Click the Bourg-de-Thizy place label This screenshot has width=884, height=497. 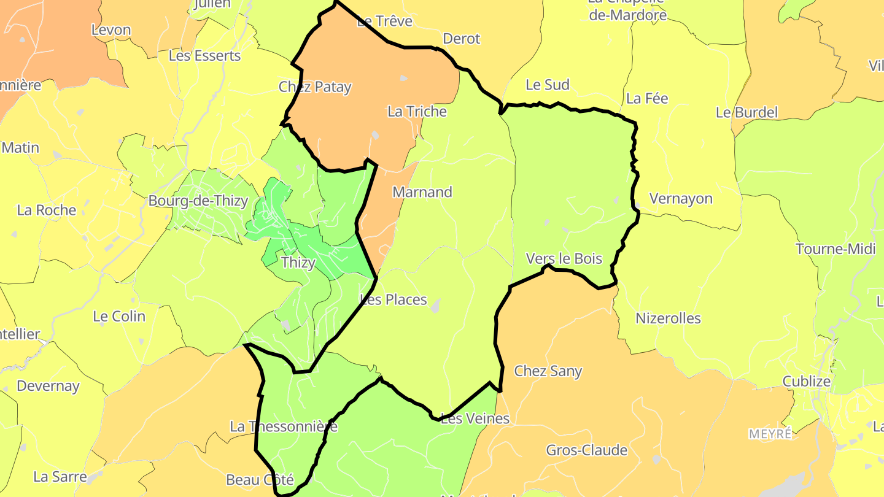click(x=198, y=201)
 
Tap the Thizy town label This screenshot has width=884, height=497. click(x=298, y=263)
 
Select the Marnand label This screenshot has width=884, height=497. click(x=422, y=192)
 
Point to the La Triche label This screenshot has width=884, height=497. click(x=417, y=112)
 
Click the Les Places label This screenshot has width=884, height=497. click(x=394, y=300)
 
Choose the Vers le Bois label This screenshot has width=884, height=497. click(x=564, y=258)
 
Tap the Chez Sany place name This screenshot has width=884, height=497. click(x=548, y=371)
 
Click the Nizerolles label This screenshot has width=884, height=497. click(x=668, y=318)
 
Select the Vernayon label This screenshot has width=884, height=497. click(x=681, y=199)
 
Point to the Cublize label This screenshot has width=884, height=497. click(x=807, y=381)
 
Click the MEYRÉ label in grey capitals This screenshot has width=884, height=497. click(x=770, y=434)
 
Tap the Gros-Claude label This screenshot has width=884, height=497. click(x=587, y=450)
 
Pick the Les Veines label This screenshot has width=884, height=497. click(x=475, y=418)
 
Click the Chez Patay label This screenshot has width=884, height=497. click(x=315, y=87)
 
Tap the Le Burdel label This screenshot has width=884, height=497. click(x=746, y=112)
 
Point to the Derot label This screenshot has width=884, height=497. click(x=461, y=39)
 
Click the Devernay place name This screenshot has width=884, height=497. click(x=48, y=387)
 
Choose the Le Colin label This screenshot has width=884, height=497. click(x=119, y=317)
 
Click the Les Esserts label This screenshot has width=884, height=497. click(x=204, y=56)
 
